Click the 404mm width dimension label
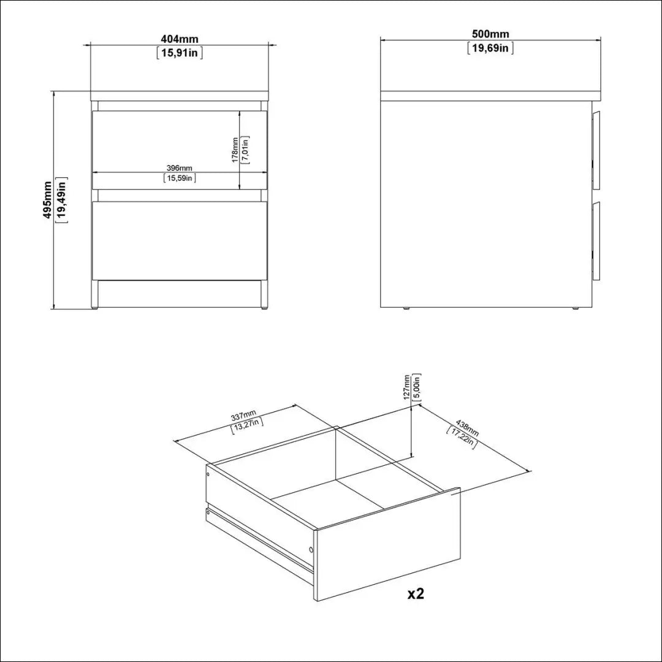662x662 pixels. tap(180, 39)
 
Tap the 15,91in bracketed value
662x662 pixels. tap(180, 53)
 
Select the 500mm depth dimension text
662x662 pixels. tap(490, 34)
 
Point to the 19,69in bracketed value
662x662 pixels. tap(490, 48)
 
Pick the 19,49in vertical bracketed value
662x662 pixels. tap(62, 200)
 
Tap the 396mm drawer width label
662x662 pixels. tap(179, 168)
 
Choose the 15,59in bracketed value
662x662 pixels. tap(180, 178)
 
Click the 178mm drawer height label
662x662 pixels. tap(235, 150)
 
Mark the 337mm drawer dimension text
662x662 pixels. tap(243, 415)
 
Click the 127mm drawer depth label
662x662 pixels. tap(406, 387)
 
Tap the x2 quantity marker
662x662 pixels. tap(416, 594)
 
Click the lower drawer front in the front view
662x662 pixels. tap(180, 241)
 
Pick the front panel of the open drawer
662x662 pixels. tap(387, 544)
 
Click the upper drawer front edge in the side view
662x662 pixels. tap(596, 150)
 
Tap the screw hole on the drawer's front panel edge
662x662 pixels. tap(311, 549)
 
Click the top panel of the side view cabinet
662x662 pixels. tap(490, 96)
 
